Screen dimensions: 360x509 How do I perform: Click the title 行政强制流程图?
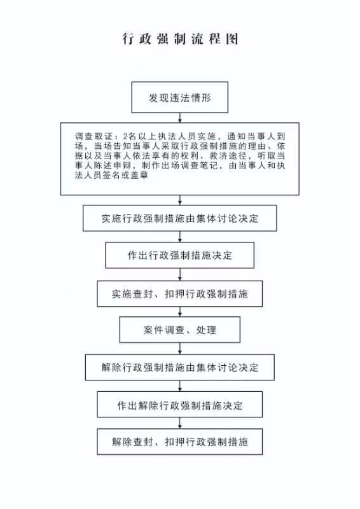click(x=180, y=39)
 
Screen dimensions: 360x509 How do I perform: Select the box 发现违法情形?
click(x=180, y=97)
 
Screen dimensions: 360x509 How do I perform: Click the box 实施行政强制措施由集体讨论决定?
click(x=180, y=218)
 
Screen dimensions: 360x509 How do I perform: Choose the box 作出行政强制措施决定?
click(x=180, y=255)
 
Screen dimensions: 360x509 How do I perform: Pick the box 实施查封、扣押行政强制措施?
click(x=180, y=294)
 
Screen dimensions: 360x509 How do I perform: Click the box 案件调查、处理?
click(x=180, y=330)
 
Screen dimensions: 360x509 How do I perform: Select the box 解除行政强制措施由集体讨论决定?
click(x=180, y=368)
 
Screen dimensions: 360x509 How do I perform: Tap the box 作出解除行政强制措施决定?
click(x=180, y=405)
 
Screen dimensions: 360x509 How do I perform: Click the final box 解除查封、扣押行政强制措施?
click(x=180, y=442)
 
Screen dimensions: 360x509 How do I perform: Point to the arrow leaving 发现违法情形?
click(x=180, y=118)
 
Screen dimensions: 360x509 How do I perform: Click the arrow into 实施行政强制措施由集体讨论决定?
click(x=180, y=200)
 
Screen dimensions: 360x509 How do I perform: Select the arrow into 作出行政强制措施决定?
click(x=180, y=237)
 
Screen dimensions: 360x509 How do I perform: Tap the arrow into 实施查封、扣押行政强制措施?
click(x=180, y=274)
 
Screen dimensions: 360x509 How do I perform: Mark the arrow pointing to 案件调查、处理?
click(x=180, y=312)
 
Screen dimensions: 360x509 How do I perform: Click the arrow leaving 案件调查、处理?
click(x=180, y=349)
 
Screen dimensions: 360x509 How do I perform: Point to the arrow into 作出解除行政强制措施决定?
click(x=180, y=386)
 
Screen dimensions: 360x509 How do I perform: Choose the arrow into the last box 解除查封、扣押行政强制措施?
click(x=180, y=423)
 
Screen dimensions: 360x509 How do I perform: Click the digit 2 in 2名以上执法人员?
click(x=125, y=136)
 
